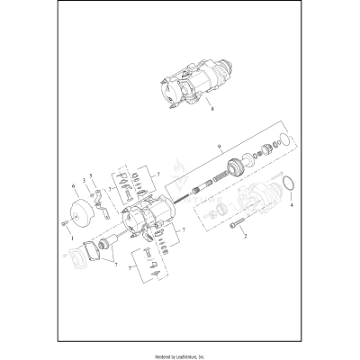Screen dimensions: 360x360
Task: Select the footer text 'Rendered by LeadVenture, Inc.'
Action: [x=179, y=352]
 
